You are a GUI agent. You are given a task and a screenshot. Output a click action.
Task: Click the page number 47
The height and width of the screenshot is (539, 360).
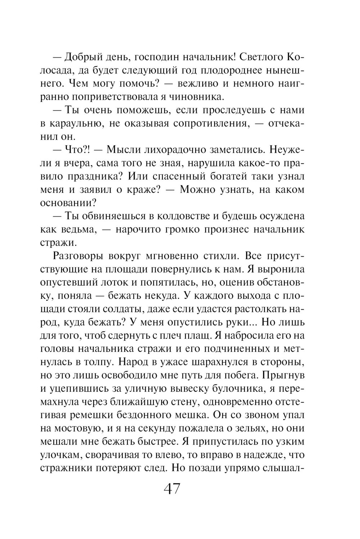point(172,490)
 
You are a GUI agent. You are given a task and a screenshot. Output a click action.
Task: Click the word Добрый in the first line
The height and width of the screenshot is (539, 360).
point(83,57)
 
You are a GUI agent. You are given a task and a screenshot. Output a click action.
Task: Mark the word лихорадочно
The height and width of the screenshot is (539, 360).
point(180,150)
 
